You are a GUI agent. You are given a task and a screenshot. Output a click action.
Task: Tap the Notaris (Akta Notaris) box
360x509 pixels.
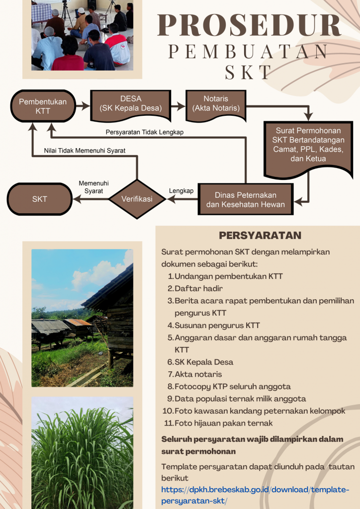pos(215,103)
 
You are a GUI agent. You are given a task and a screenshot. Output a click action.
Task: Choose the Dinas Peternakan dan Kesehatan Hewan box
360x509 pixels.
pos(245,199)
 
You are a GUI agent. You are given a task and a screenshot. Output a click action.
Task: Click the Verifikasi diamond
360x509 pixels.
pos(137,199)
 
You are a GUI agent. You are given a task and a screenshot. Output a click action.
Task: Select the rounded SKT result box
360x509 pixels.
pos(40,199)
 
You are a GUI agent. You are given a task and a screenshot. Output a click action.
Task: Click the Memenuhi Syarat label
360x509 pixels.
pos(90,187)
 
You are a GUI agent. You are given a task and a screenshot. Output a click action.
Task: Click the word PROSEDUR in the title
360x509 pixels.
pos(249,26)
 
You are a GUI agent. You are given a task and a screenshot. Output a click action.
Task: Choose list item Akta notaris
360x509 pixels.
pos(198,374)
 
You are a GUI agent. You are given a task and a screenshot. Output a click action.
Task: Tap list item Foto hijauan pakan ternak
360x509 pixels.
pos(223,424)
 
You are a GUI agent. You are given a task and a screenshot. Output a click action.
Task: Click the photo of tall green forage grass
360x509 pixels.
pos(82,452)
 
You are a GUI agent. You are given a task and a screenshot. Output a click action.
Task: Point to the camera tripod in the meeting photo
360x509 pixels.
pos(67,15)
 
